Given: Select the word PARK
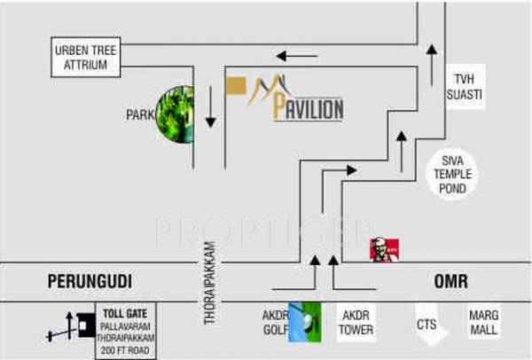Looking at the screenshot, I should coord(139,114).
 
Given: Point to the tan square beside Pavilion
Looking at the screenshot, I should coord(235,87).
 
